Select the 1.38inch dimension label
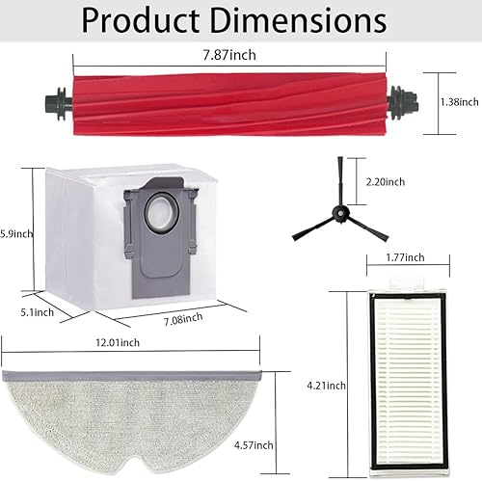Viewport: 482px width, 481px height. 456,100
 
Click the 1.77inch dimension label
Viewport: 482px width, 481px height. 389,258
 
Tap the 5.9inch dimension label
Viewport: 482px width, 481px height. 15,232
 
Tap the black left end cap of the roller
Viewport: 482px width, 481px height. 52,99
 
